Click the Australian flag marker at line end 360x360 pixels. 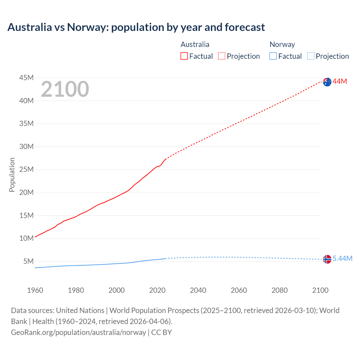[327, 82]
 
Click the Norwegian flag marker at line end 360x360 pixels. [327, 259]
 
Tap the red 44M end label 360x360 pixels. [340, 82]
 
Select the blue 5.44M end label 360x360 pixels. [343, 259]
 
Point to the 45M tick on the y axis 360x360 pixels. [26, 78]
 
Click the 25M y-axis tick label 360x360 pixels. [26, 170]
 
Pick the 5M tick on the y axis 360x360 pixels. [28, 262]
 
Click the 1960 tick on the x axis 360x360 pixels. [35, 290]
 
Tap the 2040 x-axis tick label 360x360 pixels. [198, 290]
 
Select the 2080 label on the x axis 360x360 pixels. [280, 290]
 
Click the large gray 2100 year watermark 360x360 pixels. [65, 89]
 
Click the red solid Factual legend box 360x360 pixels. [184, 56]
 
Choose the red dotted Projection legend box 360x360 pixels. [222, 56]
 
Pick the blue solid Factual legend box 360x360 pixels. [273, 56]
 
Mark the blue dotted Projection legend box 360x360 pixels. [311, 56]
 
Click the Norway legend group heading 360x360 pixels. [282, 44]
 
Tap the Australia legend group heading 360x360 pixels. [195, 44]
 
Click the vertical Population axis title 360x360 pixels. [12, 175]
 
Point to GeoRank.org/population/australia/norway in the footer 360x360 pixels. [78, 332]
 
